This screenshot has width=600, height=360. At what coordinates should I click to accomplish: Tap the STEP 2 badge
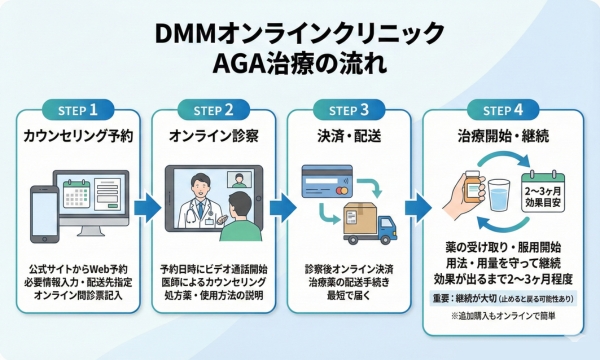[x=212, y=110]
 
